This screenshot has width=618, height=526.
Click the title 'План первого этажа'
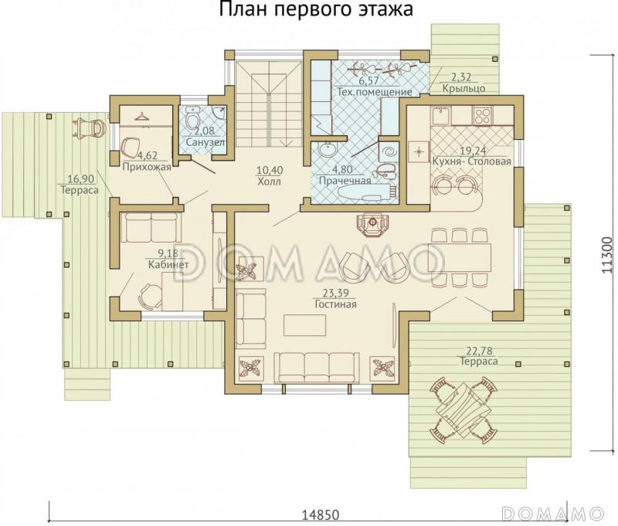click(315, 10)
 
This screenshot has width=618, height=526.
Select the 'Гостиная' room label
click(335, 304)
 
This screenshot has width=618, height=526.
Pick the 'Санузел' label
click(205, 143)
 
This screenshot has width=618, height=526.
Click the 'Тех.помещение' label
click(373, 92)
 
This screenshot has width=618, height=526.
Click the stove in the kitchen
click(484, 117)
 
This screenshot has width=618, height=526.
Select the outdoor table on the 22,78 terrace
click(462, 405)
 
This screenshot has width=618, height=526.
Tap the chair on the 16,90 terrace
click(91, 127)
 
